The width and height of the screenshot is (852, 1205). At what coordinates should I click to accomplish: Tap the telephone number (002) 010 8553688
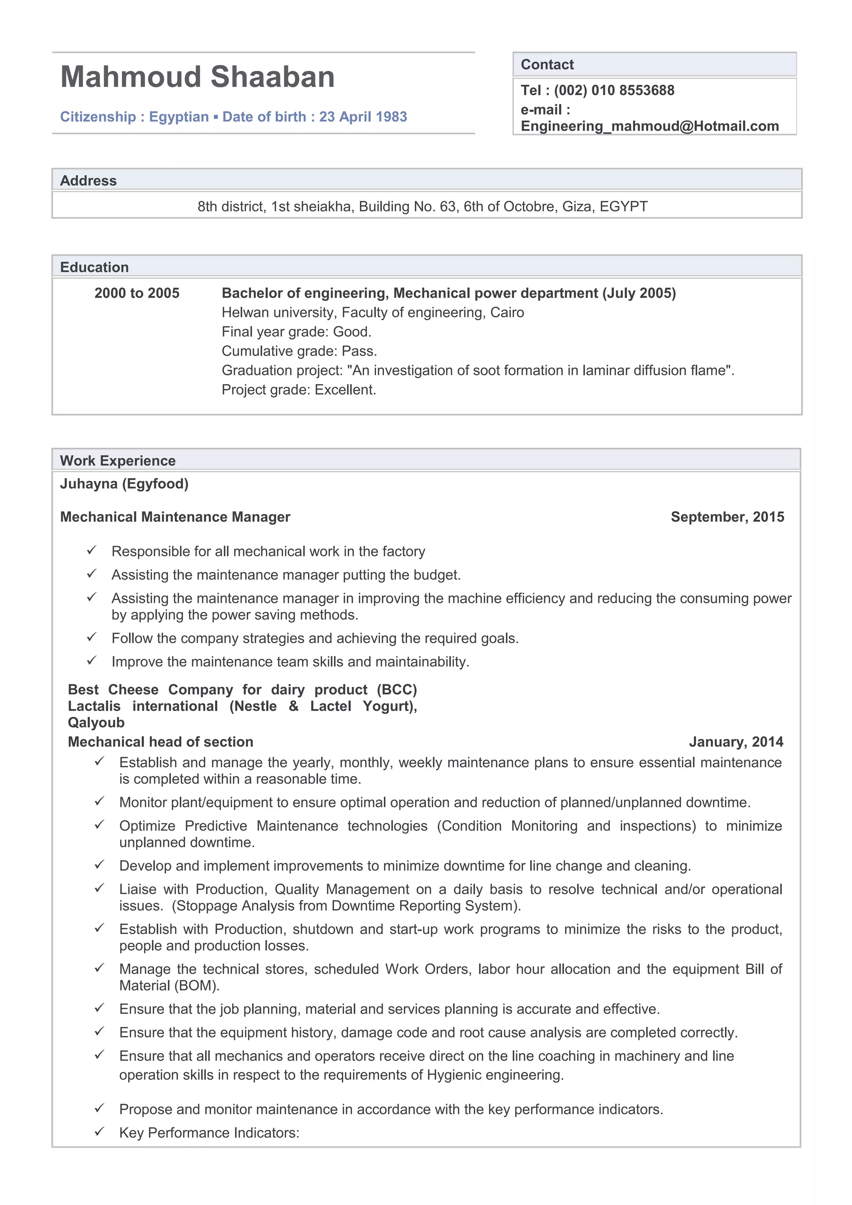(x=614, y=90)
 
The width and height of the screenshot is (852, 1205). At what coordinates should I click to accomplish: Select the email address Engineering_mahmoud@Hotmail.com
(x=649, y=126)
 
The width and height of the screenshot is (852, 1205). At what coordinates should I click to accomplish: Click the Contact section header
(x=547, y=64)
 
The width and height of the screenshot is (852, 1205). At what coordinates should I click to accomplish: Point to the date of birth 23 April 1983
(x=363, y=116)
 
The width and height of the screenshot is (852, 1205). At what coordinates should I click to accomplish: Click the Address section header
(x=88, y=180)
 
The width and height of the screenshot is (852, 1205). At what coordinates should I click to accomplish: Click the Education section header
(x=94, y=267)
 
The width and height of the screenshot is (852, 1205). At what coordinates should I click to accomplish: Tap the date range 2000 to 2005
(x=136, y=293)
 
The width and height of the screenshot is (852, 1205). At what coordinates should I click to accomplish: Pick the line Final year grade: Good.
(x=296, y=332)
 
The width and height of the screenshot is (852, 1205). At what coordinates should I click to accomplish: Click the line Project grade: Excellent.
(x=299, y=390)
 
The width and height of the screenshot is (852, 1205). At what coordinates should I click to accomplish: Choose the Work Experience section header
(x=118, y=461)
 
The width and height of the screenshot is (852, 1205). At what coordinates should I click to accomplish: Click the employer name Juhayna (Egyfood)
(x=124, y=483)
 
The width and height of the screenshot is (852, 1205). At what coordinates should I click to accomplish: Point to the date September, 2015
(x=727, y=517)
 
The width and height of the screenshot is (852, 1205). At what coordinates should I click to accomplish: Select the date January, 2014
(x=736, y=741)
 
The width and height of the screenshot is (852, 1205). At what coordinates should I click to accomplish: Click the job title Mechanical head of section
(x=160, y=741)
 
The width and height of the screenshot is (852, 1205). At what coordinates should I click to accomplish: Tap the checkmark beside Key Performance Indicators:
(x=99, y=1132)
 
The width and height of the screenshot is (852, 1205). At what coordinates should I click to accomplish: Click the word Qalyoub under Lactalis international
(x=96, y=723)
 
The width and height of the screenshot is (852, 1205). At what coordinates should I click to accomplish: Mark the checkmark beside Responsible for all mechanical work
(x=92, y=551)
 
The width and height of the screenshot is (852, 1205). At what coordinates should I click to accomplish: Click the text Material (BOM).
(x=169, y=985)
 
